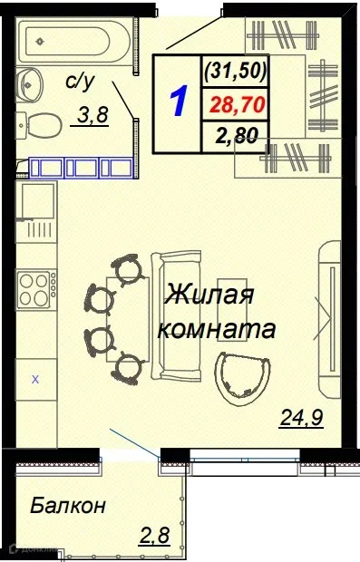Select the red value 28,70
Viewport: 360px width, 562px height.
click(237, 105)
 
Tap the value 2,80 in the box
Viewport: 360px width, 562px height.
click(237, 139)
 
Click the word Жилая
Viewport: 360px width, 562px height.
click(209, 296)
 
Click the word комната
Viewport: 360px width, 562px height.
click(216, 328)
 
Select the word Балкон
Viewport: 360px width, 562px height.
click(68, 505)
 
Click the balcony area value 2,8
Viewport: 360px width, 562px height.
click(153, 535)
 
